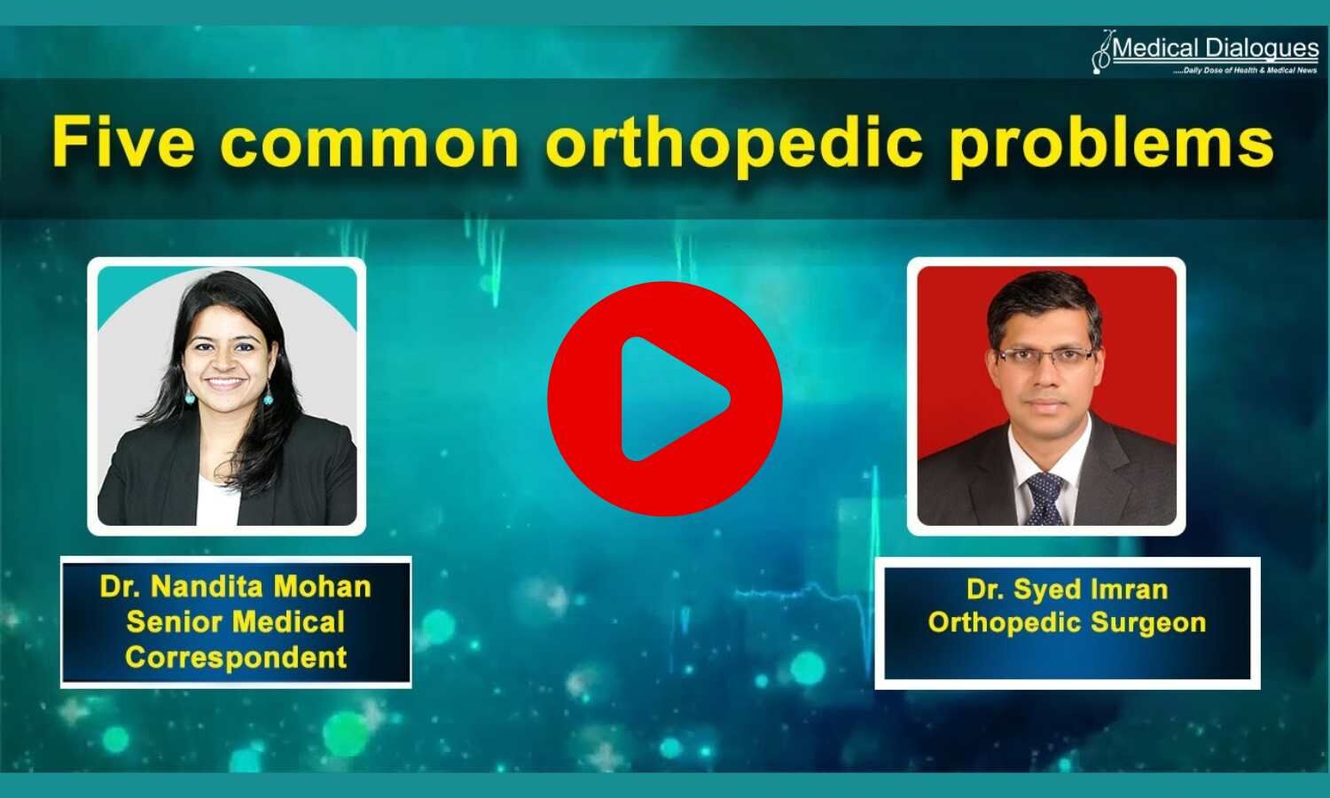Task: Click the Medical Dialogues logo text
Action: (x=1216, y=48)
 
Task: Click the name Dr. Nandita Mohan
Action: (x=236, y=586)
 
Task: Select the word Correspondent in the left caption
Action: (x=236, y=657)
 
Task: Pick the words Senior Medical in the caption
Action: (x=236, y=622)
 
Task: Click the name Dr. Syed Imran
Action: (x=1067, y=589)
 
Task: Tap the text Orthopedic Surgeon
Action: (x=1067, y=622)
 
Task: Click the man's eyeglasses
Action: (x=1045, y=356)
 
